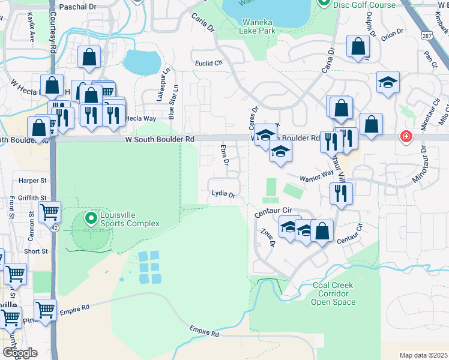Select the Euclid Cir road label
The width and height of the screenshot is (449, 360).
[x=208, y=62]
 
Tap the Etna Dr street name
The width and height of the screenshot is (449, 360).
[x=225, y=155]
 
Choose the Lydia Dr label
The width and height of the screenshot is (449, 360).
[x=222, y=194]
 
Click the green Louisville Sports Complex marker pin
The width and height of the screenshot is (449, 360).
[x=91, y=218]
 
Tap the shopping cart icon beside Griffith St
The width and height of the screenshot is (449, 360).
[x=49, y=211]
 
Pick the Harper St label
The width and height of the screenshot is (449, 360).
[x=32, y=180]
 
